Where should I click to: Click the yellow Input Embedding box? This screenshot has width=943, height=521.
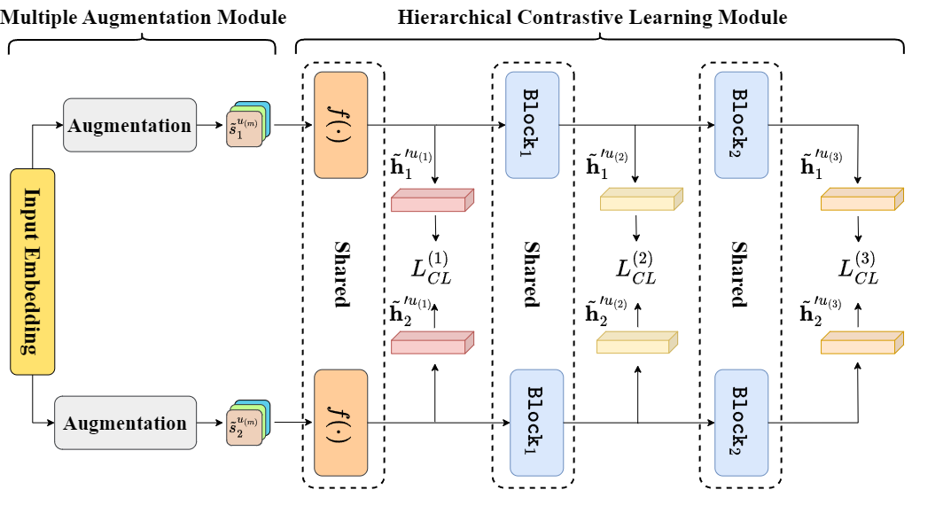tap(33, 271)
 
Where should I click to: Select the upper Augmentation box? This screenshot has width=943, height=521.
tap(130, 125)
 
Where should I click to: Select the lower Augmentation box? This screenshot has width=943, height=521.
tap(125, 423)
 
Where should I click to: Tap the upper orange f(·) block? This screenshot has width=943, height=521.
tap(340, 124)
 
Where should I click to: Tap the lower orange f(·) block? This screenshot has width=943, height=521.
tap(340, 422)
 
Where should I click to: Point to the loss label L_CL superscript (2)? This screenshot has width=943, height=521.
tap(636, 269)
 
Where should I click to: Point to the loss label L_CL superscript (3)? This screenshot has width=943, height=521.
tap(858, 269)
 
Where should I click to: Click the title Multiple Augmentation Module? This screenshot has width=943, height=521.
tap(144, 17)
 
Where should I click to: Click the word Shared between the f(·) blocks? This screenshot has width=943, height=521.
tap(340, 273)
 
